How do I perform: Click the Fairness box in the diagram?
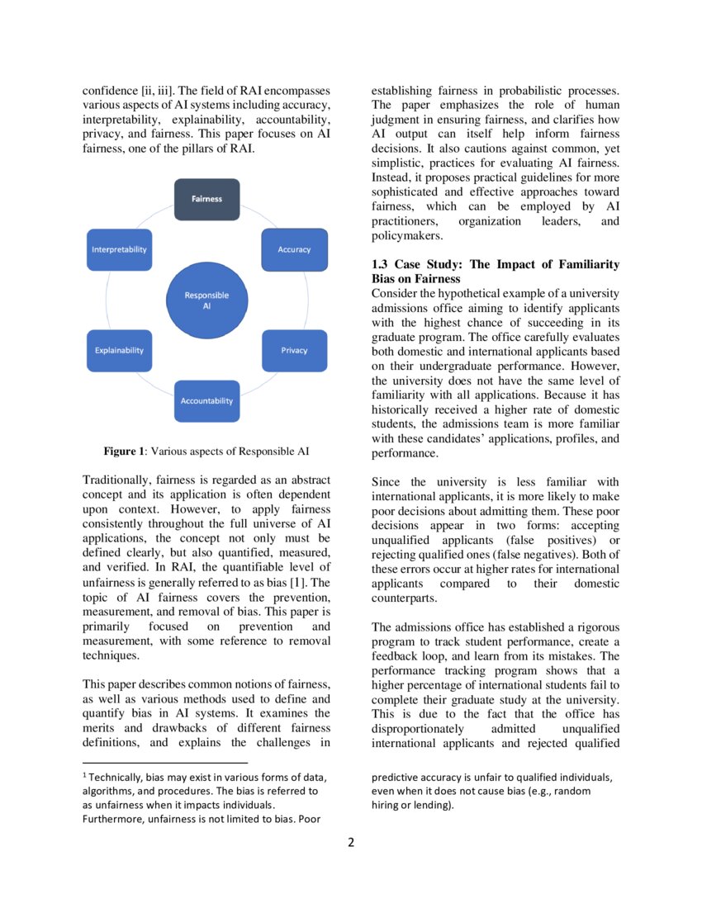point(206,199)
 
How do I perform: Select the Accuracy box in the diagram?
point(294,249)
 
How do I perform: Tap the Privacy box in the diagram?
point(294,350)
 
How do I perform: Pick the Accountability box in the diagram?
point(206,400)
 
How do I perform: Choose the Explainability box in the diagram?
point(119,350)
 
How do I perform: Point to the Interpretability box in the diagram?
point(119,249)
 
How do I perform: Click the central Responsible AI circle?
point(206,300)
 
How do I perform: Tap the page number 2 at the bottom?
point(351,843)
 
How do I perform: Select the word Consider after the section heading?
point(396,294)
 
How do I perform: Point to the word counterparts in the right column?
point(406,598)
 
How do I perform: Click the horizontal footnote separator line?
point(165,764)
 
